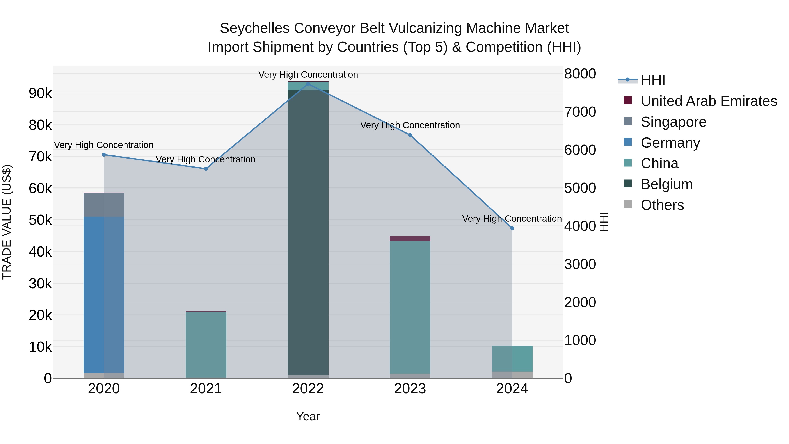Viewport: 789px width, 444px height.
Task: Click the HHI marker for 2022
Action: coord(308,84)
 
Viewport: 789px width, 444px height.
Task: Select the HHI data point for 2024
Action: coord(512,228)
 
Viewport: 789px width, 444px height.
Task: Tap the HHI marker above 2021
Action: coord(206,169)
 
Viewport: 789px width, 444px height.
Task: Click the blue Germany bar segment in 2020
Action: coord(104,294)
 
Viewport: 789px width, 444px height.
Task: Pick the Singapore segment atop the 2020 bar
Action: coord(104,205)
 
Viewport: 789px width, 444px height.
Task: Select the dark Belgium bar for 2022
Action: coord(308,233)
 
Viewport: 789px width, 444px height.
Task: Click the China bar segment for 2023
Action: coord(410,307)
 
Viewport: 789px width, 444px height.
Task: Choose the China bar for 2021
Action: coord(206,345)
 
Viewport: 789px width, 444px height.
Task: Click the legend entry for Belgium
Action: coord(666,184)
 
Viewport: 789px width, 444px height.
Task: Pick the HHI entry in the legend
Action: coord(653,80)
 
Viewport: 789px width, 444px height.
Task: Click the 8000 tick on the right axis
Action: coord(580,74)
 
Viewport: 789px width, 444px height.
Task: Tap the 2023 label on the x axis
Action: coord(410,389)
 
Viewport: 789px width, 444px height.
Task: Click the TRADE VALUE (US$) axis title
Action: coord(7,222)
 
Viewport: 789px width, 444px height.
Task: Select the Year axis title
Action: coord(308,416)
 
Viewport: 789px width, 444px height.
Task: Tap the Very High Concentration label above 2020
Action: coord(104,145)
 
